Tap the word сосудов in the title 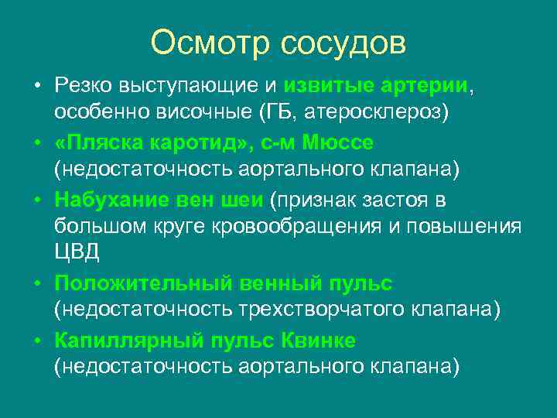343,43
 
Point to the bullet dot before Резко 36,85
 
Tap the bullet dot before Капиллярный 36,340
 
